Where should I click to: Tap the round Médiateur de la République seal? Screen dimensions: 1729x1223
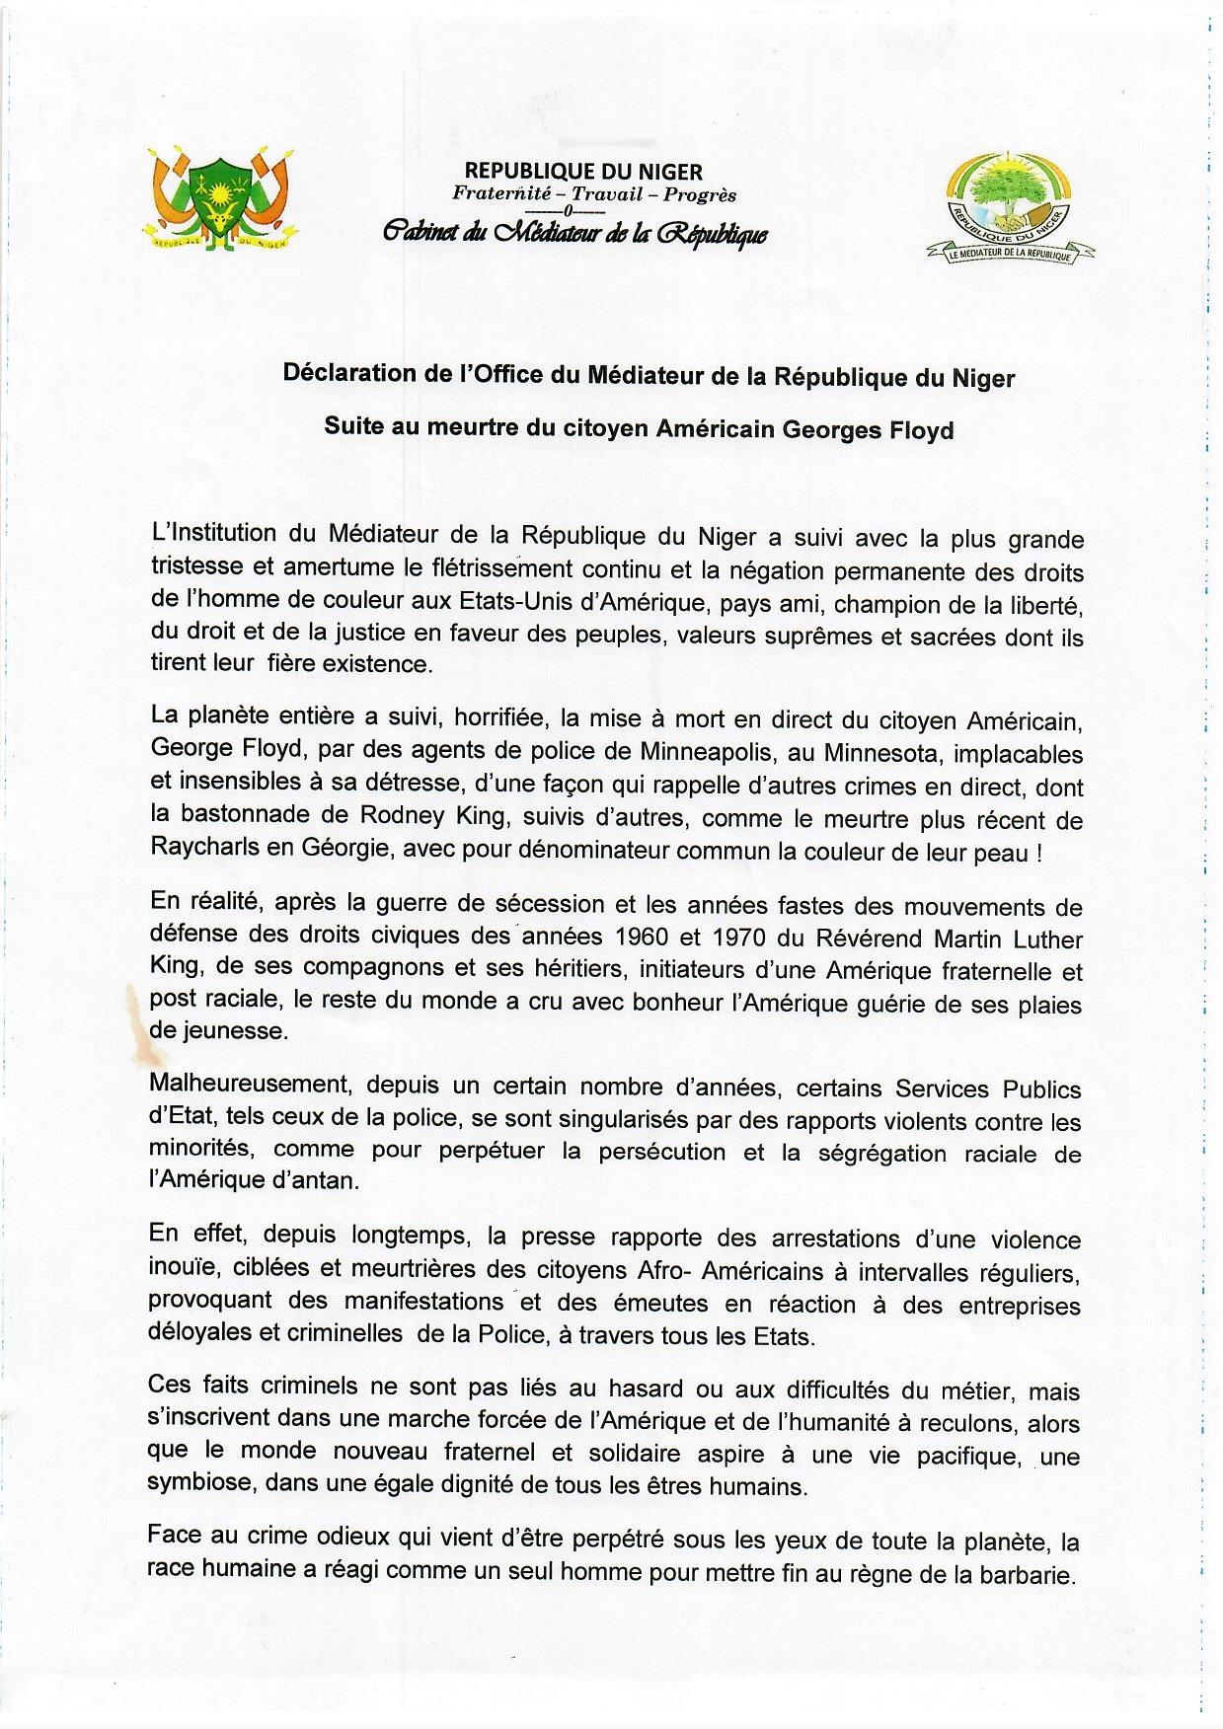1008,209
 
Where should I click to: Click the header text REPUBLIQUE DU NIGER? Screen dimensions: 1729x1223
583,174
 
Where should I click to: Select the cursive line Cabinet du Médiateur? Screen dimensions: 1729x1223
574,234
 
